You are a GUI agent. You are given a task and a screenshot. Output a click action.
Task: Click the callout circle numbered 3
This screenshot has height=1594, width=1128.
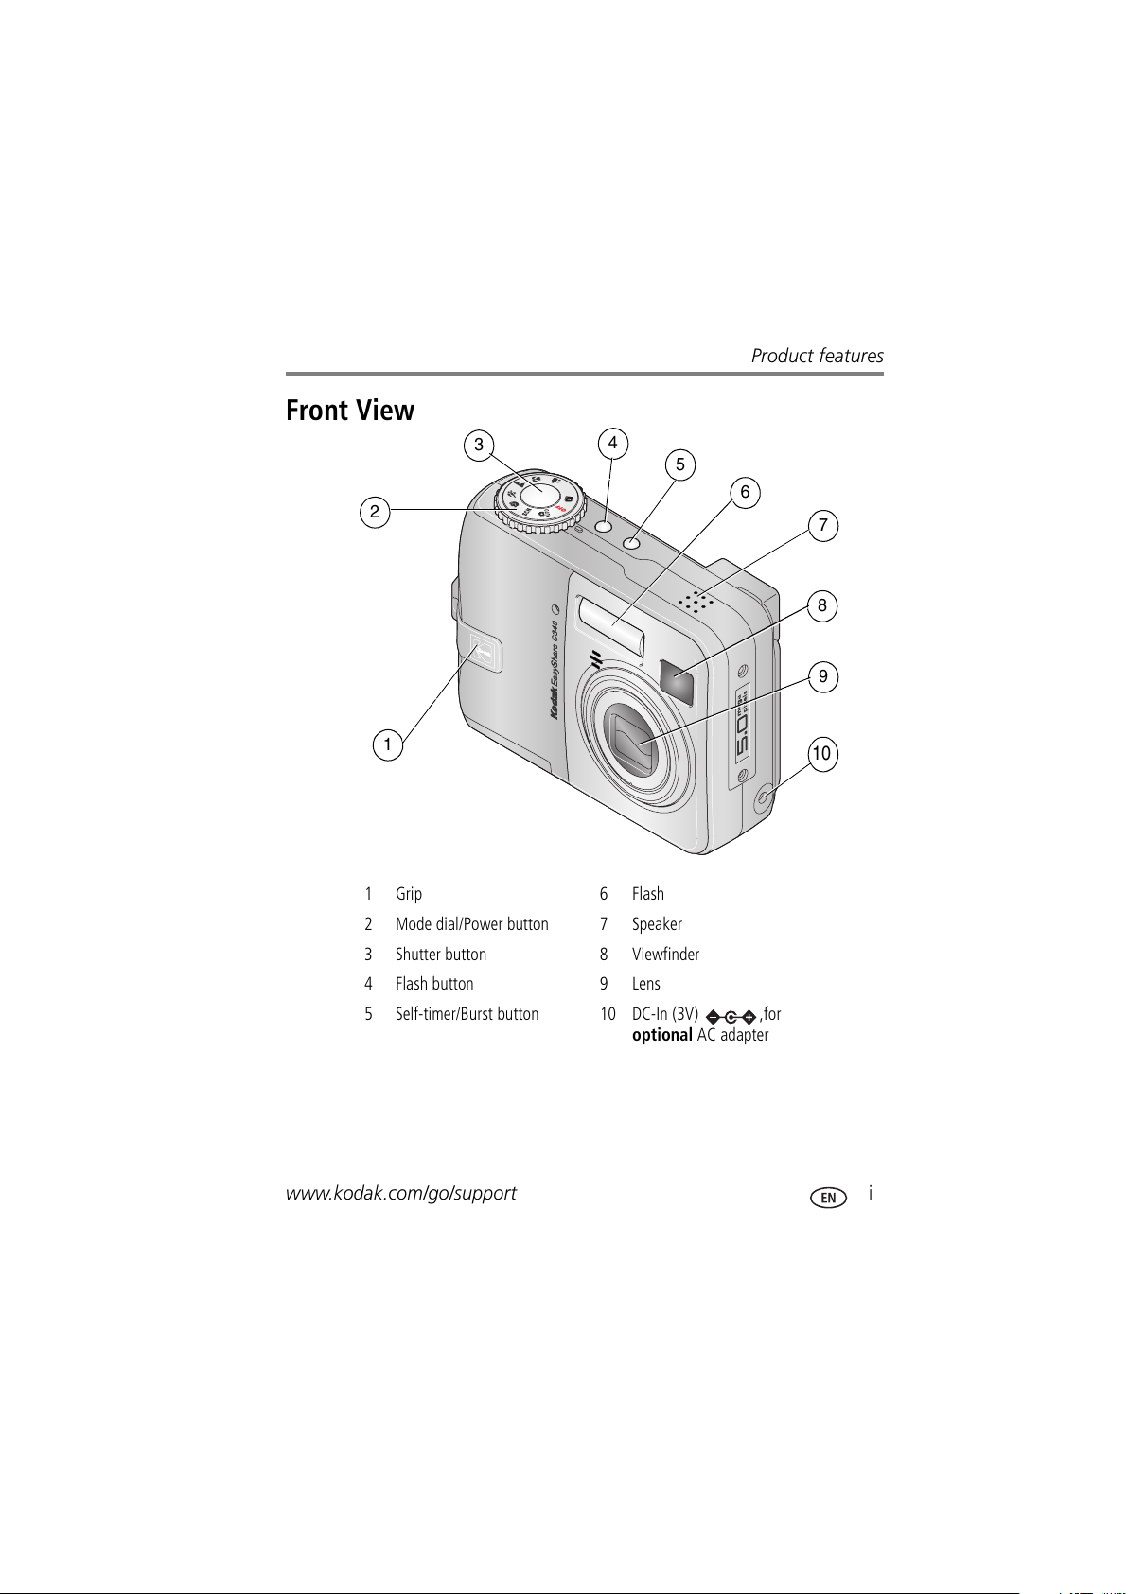click(479, 445)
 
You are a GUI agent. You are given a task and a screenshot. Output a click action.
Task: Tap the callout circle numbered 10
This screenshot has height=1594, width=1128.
click(821, 754)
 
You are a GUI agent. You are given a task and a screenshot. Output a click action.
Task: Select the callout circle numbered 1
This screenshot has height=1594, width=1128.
click(387, 744)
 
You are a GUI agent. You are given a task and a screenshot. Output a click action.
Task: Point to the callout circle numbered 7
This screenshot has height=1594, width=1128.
click(823, 526)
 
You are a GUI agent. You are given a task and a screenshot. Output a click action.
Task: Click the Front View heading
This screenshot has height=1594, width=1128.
click(350, 411)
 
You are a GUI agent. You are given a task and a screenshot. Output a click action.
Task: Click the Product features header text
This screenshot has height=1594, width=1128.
click(817, 356)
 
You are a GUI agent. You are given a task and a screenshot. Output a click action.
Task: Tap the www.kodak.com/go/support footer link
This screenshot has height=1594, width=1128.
click(401, 1193)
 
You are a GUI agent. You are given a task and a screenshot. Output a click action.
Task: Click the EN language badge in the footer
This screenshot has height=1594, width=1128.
click(828, 1198)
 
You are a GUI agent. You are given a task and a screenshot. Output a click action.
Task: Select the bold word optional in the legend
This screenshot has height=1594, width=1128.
click(661, 1035)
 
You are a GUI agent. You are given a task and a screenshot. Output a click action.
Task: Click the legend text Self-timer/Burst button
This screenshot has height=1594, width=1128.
click(467, 1014)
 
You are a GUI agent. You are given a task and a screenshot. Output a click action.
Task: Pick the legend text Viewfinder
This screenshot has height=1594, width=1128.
click(665, 955)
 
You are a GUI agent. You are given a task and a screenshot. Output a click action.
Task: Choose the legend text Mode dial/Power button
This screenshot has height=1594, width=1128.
click(471, 924)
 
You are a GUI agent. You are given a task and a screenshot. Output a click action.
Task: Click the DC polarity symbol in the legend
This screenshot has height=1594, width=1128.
click(731, 1017)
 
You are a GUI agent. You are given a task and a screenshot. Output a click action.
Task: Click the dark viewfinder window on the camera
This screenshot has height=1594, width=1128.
click(678, 681)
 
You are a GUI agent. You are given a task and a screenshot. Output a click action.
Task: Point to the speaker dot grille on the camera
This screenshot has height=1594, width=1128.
click(696, 601)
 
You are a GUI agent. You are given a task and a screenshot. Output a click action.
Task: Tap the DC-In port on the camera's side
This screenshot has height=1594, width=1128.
click(763, 802)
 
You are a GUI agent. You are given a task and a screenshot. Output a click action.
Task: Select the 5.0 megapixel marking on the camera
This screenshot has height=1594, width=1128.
click(741, 727)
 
